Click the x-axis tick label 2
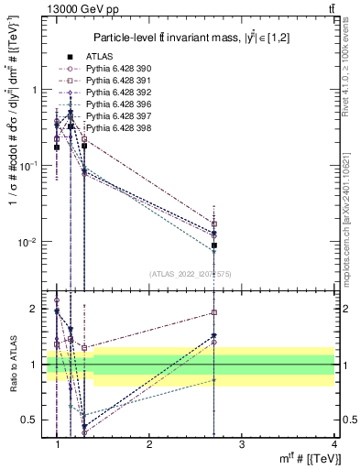[149, 444]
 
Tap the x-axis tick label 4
[333, 444]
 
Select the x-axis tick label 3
[241, 444]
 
